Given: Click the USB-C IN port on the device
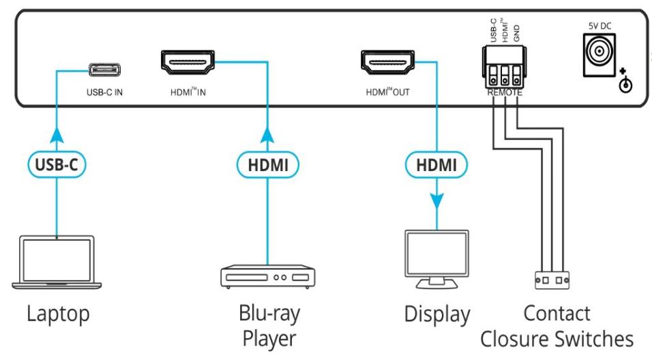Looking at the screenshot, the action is click(105, 70).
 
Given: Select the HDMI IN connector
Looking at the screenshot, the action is click(188, 62).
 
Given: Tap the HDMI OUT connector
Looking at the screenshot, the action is click(387, 62).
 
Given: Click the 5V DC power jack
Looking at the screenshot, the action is click(599, 55).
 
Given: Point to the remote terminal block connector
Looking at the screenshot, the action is click(505, 67).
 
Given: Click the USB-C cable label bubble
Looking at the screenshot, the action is click(57, 164).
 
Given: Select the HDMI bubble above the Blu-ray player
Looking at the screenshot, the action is click(268, 165).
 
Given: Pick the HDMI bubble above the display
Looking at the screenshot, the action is click(436, 165).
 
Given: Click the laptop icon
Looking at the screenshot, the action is click(57, 262).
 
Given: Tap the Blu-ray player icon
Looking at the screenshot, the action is click(268, 276).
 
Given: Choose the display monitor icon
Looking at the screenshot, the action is click(436, 259).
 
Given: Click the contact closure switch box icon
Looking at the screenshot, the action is click(552, 280).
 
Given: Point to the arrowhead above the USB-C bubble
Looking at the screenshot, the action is click(57, 136).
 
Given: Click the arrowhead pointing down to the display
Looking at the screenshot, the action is click(436, 201).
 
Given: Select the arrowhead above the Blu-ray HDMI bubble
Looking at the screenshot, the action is click(267, 136).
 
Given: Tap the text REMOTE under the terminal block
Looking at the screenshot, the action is click(505, 93).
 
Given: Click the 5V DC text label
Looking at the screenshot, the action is click(599, 26).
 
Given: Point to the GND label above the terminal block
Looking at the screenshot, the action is click(516, 33).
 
